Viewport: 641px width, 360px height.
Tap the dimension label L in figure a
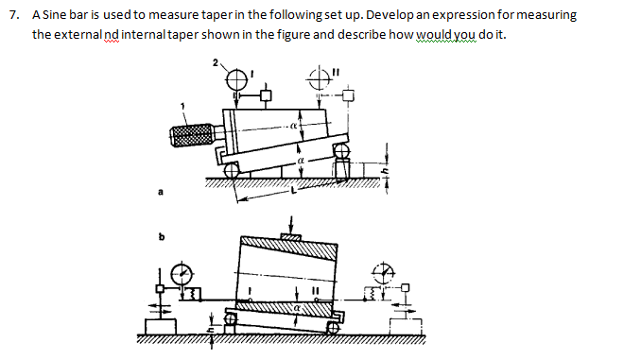tap(295, 192)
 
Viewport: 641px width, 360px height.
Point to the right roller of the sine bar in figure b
tap(330, 327)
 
